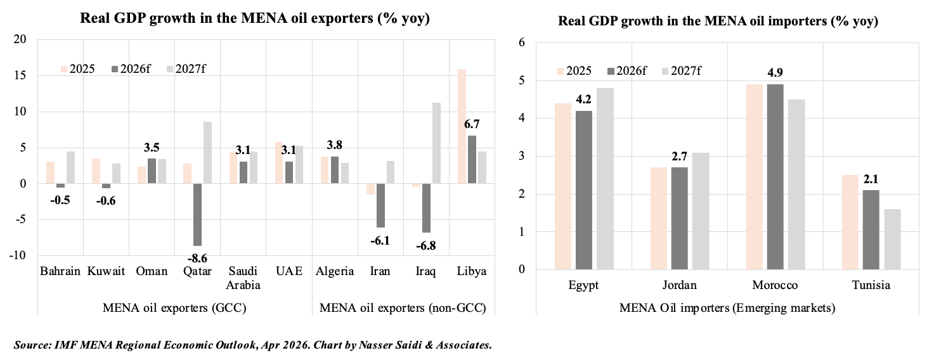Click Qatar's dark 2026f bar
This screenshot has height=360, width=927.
[x=197, y=214]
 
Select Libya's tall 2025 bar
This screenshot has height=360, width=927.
[x=462, y=127]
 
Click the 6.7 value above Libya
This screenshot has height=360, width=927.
[x=472, y=125]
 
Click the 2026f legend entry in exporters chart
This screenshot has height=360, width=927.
[x=131, y=68]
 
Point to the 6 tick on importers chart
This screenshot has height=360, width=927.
[x=522, y=42]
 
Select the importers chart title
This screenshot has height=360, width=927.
[x=718, y=22]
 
